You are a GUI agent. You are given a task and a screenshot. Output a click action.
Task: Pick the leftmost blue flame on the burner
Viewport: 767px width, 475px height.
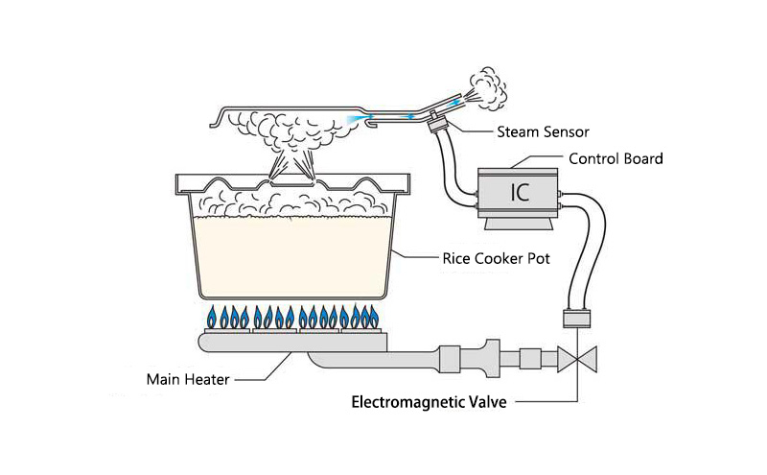click(x=211, y=316)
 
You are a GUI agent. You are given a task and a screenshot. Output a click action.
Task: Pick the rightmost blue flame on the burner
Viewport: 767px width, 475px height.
click(x=377, y=316)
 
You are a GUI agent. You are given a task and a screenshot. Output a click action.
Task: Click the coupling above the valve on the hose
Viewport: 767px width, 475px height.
click(x=577, y=321)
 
